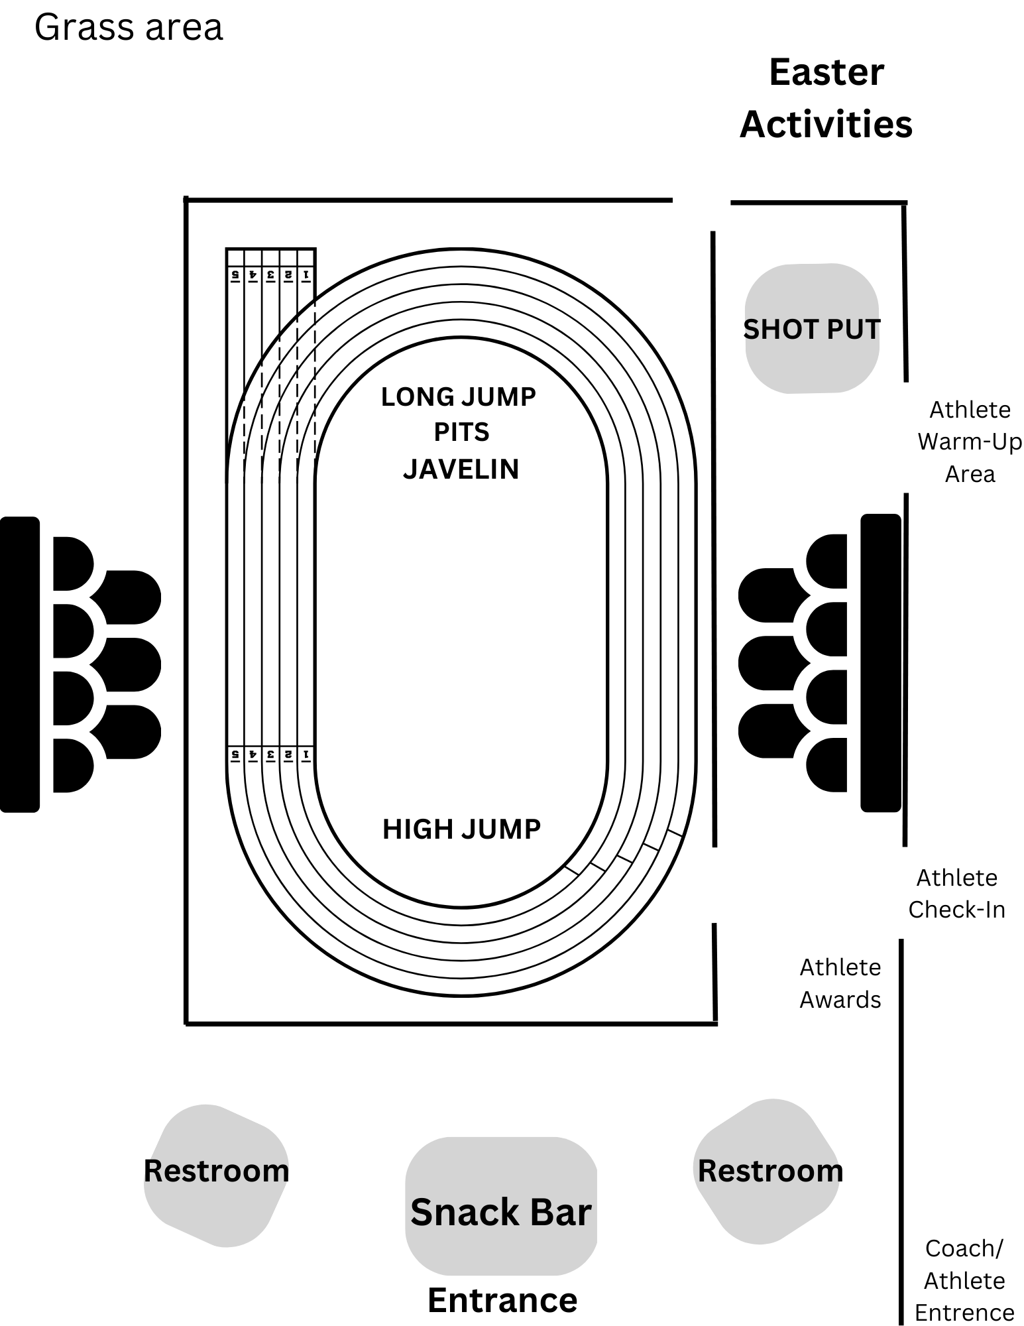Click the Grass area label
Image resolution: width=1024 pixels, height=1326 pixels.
pos(129,28)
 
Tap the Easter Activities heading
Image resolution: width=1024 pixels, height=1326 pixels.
pos(826,98)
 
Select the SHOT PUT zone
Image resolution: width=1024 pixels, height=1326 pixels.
pos(812,329)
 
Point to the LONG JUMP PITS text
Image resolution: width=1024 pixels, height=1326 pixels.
pos(459,414)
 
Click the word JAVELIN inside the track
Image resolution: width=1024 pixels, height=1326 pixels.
pos(461,469)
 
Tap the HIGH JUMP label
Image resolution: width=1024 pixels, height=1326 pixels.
pos(462,829)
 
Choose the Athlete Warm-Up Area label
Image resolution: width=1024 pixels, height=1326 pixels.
pos(970,442)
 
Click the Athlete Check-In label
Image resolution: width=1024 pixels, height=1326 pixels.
pos(956,893)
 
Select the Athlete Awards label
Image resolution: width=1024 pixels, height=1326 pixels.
pos(840,983)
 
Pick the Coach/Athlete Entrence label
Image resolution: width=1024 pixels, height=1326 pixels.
pos(964,1280)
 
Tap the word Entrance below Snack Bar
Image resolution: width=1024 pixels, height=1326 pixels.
pos(502,1299)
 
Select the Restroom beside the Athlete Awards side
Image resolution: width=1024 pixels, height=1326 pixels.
pos(770,1172)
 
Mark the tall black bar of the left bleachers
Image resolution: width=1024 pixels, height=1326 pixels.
pos(20,664)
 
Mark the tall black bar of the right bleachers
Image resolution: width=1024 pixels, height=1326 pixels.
pos(881,663)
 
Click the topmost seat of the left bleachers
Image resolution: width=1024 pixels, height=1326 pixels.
pos(72,564)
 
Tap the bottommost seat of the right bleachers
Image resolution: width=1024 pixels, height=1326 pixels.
pos(827,765)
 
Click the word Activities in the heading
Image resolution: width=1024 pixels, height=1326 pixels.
pos(826,124)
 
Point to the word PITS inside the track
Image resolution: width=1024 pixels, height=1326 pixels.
pos(461,432)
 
